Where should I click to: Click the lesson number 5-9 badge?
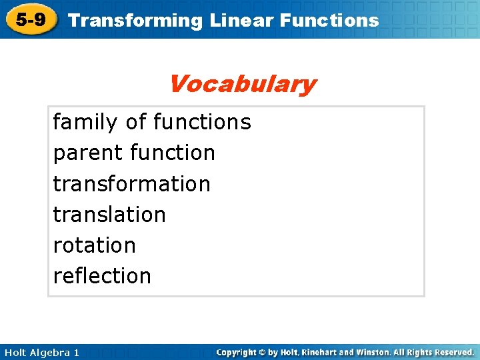pos(31,20)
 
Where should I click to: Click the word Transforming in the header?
pos(135,21)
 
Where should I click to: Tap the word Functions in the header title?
pos(329,21)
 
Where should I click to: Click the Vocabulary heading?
pos(242,85)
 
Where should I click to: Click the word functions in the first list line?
pos(202,122)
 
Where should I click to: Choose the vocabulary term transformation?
pos(131,183)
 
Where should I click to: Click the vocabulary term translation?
pos(109,214)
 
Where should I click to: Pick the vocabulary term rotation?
pos(94,245)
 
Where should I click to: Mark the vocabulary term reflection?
pos(102,275)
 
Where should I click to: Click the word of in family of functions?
pos(136,122)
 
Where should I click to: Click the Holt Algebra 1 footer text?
pos(40,352)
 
